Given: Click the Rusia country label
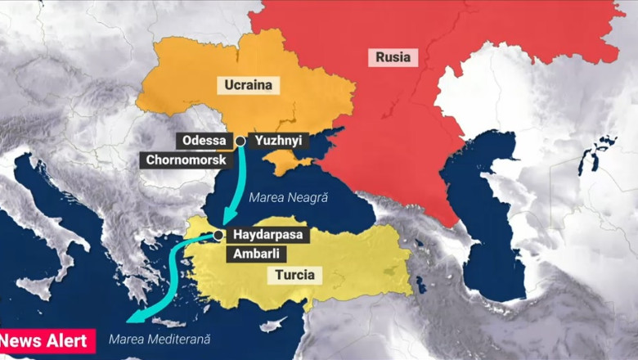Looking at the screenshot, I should [x=393, y=57].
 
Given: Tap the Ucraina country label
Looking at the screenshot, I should [x=248, y=84].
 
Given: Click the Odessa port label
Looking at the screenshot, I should [x=204, y=141].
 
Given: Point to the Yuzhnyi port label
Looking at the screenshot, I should [x=277, y=141].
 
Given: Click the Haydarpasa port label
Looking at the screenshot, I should [x=267, y=235].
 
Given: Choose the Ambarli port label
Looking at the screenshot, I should [x=256, y=254].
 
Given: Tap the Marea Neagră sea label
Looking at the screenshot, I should [x=288, y=198].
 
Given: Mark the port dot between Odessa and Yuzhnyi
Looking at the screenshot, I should [x=240, y=142].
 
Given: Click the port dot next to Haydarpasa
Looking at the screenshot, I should [x=218, y=235].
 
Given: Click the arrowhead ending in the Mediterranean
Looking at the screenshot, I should [x=134, y=320].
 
